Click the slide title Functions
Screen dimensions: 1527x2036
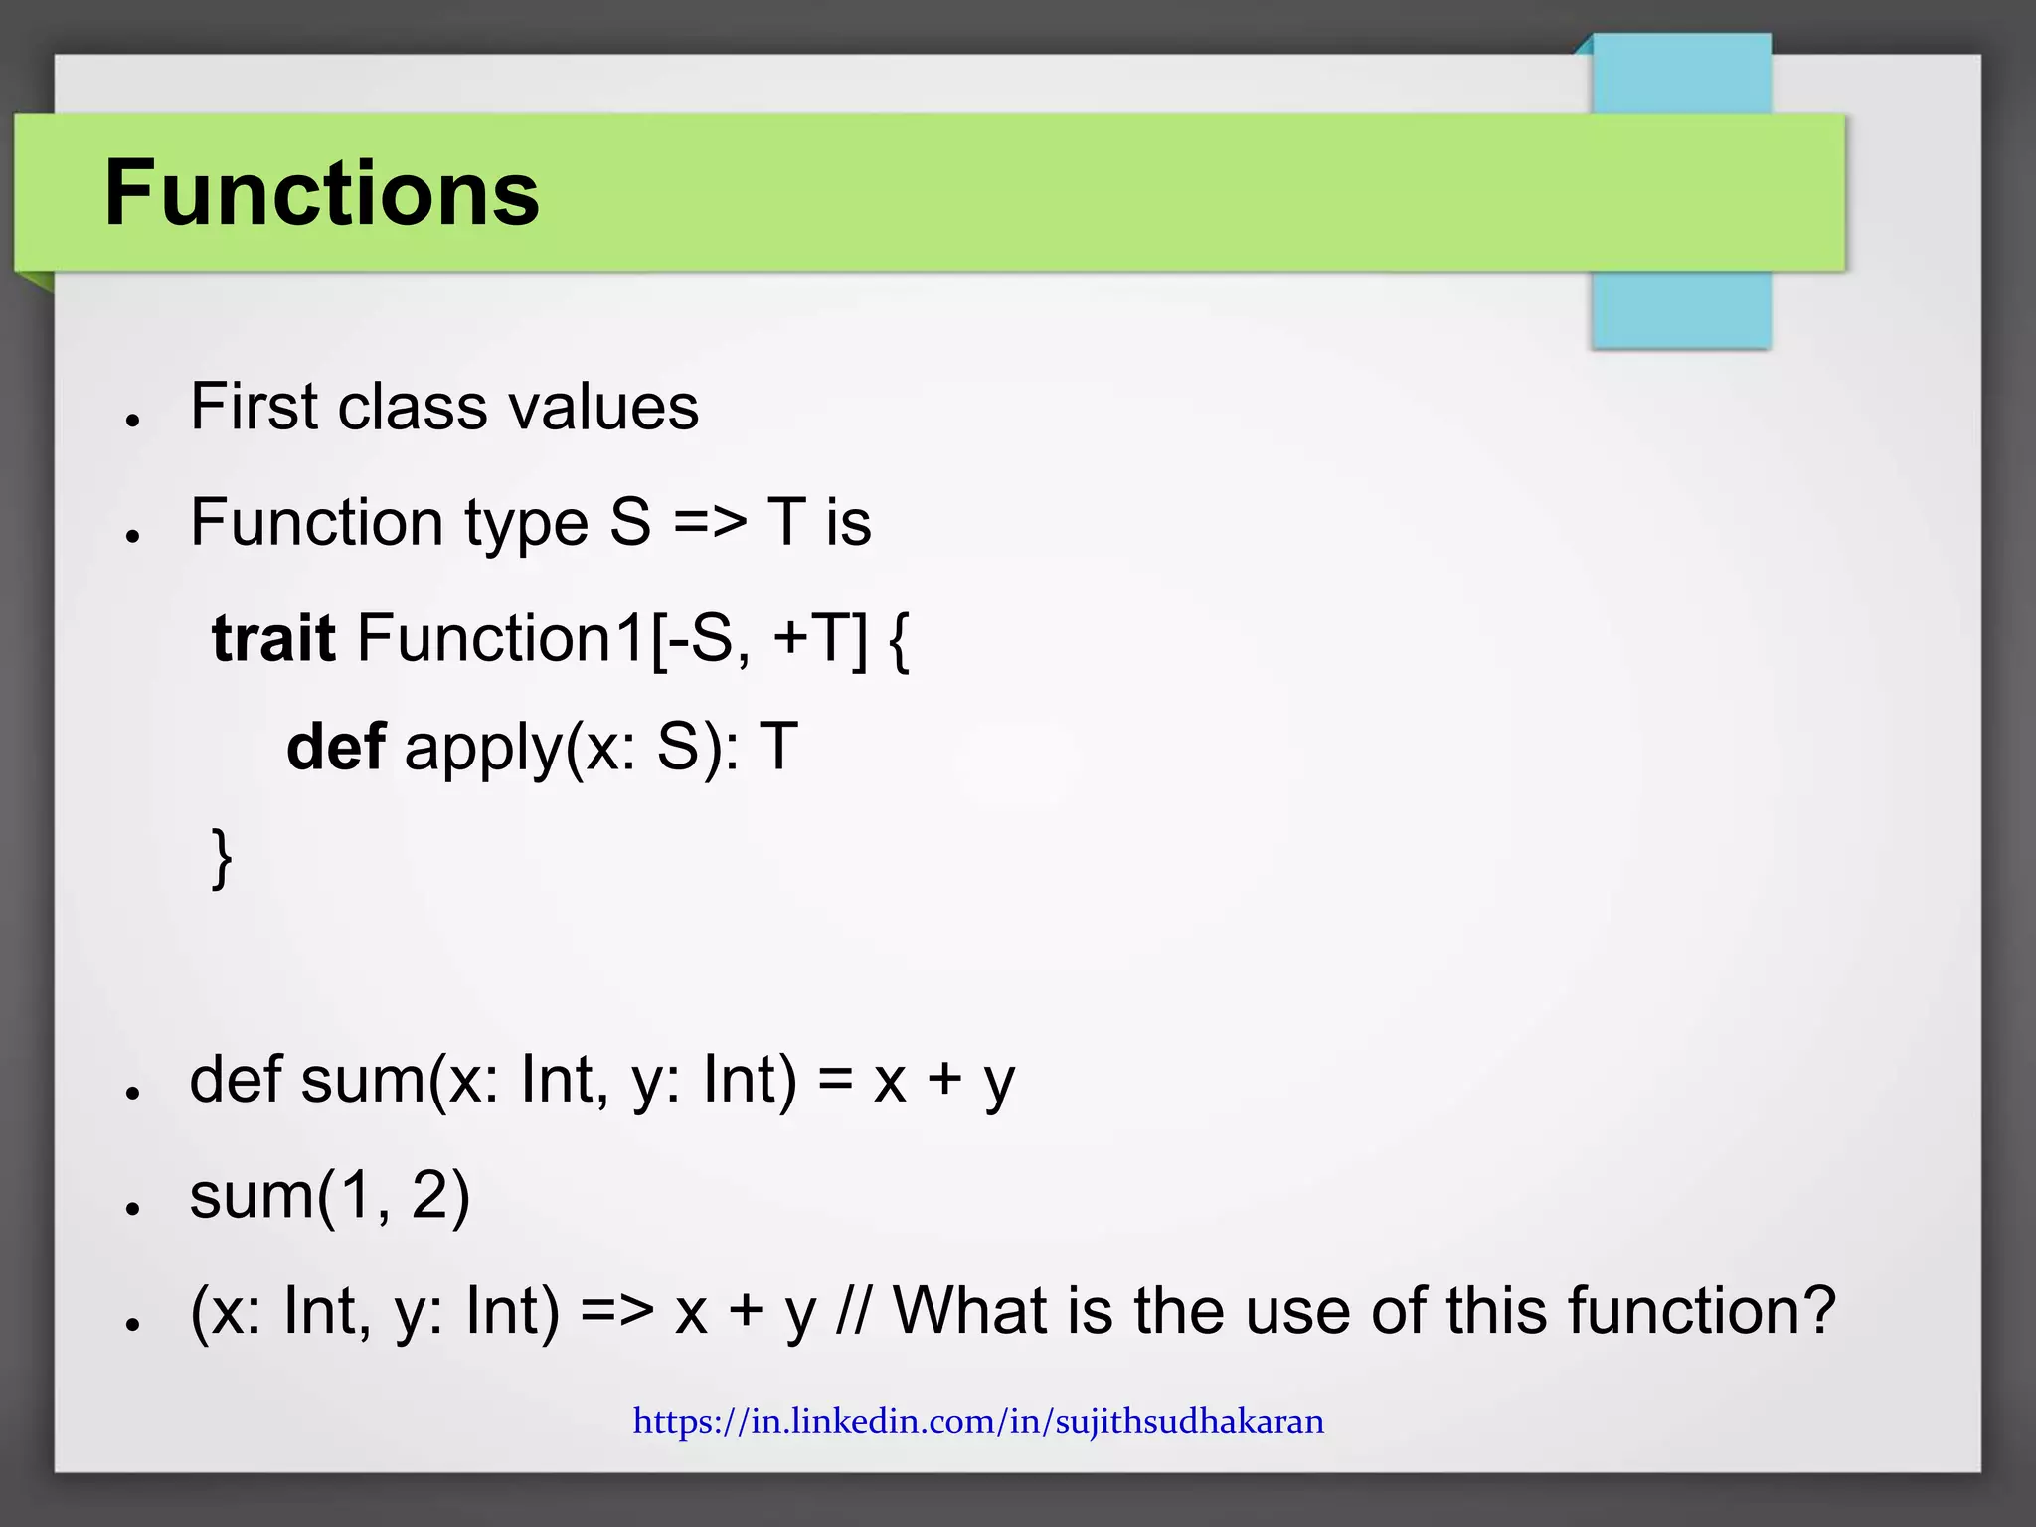321,193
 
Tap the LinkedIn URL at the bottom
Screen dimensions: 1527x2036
978,1421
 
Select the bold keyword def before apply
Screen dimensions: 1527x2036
335,747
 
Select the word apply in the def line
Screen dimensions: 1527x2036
484,749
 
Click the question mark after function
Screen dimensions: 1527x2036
1815,1310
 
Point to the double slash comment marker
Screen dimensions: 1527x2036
854,1310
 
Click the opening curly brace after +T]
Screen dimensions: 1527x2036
898,639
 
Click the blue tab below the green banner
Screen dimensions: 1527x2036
1681,309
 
